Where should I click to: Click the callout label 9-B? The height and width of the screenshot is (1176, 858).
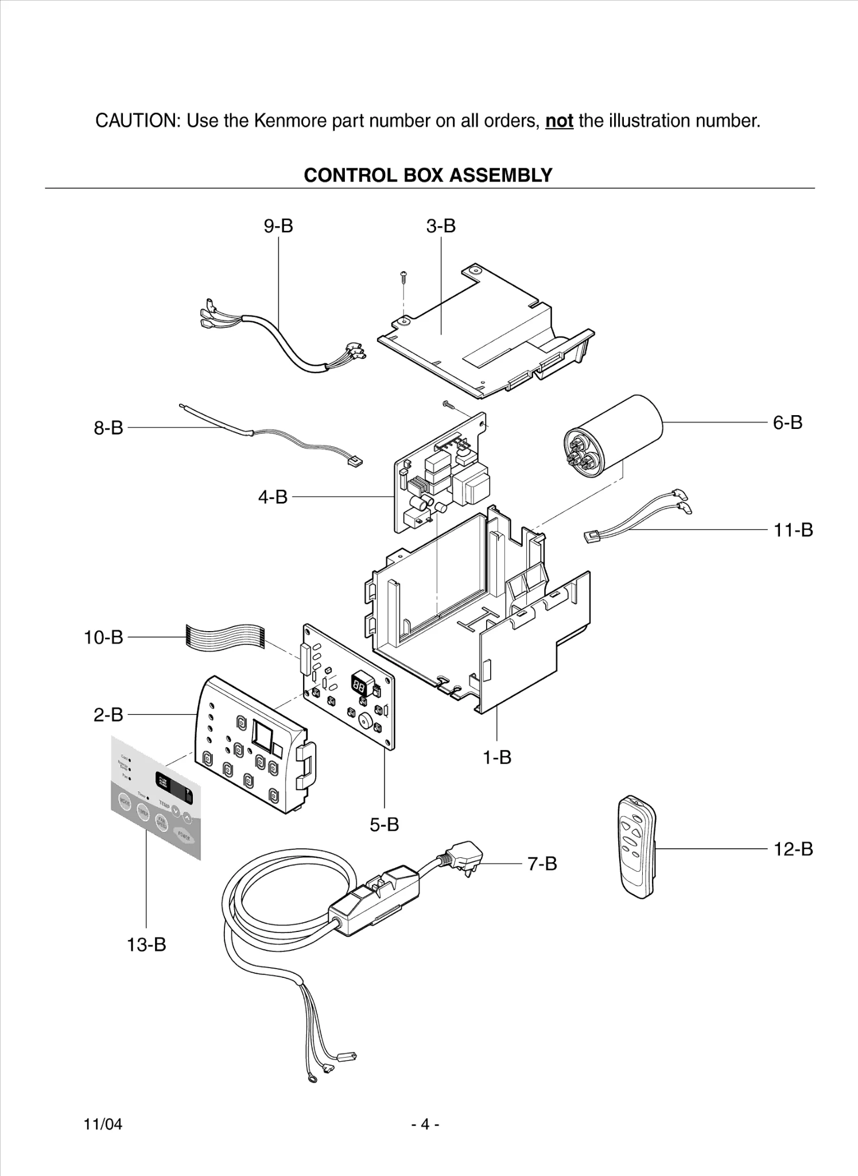tap(278, 226)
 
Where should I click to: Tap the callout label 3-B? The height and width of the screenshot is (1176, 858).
tap(441, 226)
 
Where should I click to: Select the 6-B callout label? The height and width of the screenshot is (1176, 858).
tap(787, 423)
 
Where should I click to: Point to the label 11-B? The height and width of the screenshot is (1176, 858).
tap(793, 530)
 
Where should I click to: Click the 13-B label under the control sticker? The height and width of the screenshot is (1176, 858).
tap(146, 945)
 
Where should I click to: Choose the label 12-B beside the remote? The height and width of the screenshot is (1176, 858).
tap(793, 849)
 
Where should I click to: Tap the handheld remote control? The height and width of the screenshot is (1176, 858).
tap(638, 846)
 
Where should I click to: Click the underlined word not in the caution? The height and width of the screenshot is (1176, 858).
tap(559, 121)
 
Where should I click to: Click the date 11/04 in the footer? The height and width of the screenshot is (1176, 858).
tap(103, 1124)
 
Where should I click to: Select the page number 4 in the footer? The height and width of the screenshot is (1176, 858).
tap(425, 1124)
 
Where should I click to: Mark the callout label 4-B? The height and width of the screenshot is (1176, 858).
tap(273, 497)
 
